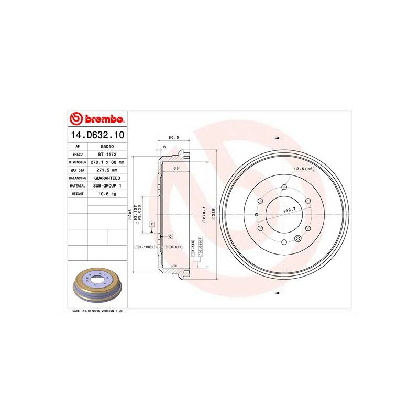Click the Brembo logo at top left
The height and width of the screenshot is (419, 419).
tap(97, 119)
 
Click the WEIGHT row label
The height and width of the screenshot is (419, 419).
tap(78, 194)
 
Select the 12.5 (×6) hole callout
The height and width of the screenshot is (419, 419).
tap(304, 168)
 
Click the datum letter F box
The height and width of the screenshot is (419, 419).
tap(151, 224)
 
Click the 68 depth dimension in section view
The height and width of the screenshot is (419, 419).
tap(176, 168)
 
